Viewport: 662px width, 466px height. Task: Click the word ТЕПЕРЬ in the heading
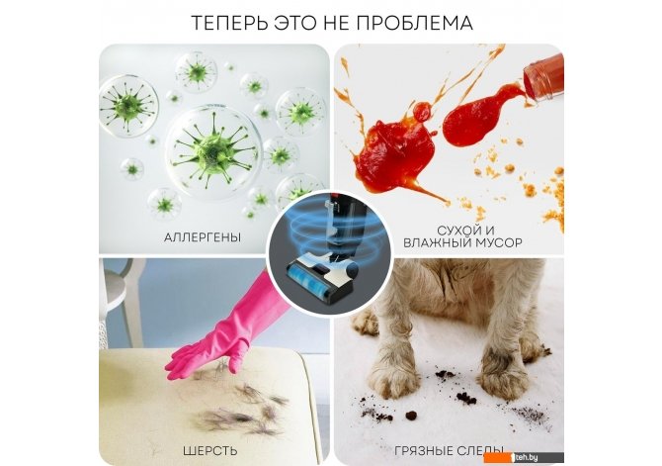tap(229, 23)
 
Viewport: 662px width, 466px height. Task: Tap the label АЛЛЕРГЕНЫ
tap(203, 237)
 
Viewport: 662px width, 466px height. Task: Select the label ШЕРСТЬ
tap(209, 450)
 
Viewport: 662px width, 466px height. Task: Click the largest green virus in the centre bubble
tap(212, 151)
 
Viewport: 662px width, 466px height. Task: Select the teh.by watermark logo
tap(524, 457)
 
